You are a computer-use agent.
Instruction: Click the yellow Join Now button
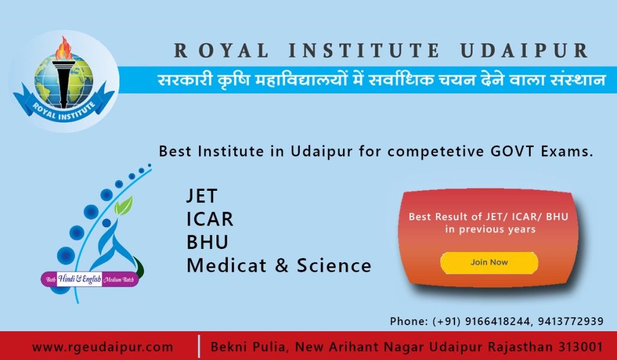(x=489, y=263)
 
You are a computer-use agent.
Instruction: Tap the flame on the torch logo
(x=64, y=48)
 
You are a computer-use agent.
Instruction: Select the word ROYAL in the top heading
(x=221, y=51)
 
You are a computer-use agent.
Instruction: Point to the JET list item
(x=202, y=196)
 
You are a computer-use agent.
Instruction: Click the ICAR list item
(x=210, y=219)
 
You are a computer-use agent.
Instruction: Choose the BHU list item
(x=207, y=242)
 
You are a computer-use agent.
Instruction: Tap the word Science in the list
(x=334, y=265)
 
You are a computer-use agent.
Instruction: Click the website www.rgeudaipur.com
(x=103, y=347)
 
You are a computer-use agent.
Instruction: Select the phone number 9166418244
(x=498, y=322)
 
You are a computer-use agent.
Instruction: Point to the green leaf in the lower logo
(x=124, y=206)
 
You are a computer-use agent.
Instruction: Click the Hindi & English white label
(x=80, y=279)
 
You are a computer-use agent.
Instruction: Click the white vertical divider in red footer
(x=199, y=346)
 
